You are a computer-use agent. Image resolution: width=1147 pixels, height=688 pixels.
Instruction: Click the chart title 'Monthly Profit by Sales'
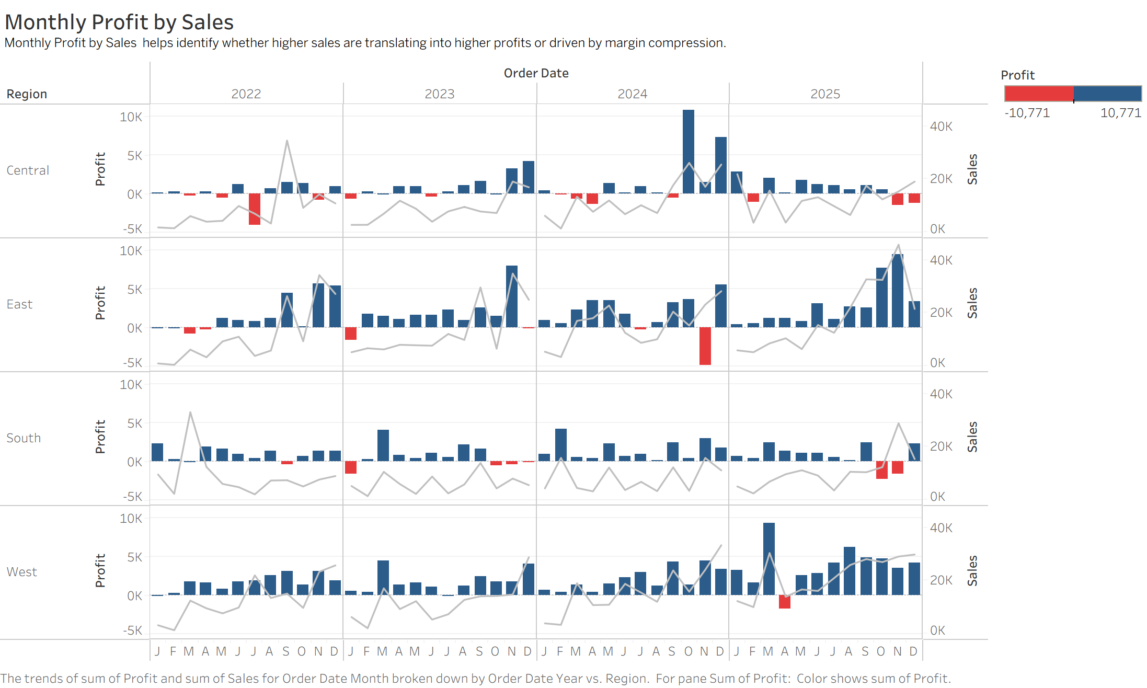click(x=119, y=22)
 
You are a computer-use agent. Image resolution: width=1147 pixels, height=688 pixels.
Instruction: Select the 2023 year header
click(x=439, y=94)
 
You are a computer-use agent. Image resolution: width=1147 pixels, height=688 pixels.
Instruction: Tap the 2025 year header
click(x=825, y=94)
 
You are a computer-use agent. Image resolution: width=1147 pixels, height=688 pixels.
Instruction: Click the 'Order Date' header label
click(x=536, y=73)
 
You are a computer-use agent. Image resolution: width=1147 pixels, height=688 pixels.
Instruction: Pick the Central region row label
click(x=28, y=170)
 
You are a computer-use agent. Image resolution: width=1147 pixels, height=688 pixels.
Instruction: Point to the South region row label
click(x=24, y=438)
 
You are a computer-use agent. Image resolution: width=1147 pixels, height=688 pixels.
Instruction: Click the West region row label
click(x=22, y=572)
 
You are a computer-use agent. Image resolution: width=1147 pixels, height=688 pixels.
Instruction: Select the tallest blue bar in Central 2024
click(x=689, y=152)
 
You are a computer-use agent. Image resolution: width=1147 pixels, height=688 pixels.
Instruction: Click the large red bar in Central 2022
click(x=255, y=209)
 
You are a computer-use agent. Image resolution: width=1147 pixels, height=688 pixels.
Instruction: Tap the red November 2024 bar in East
click(x=705, y=346)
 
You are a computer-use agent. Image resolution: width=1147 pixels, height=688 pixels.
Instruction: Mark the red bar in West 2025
click(x=785, y=602)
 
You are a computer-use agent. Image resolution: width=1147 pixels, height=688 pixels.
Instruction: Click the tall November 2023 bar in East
click(x=512, y=296)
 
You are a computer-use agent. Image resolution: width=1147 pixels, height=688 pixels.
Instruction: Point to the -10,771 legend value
click(x=1027, y=113)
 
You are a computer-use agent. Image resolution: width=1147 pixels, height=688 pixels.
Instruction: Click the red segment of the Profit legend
click(x=1039, y=94)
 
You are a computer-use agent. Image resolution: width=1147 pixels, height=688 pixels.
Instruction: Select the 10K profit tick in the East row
click(x=131, y=251)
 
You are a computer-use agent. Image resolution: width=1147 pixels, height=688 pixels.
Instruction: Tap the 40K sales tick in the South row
click(x=941, y=394)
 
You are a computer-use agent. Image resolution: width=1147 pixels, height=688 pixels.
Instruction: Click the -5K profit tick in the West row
click(x=132, y=630)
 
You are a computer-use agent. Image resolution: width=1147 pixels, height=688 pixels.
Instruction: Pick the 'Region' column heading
click(x=27, y=94)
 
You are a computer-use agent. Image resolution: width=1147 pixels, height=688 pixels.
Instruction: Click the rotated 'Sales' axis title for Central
click(x=972, y=169)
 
